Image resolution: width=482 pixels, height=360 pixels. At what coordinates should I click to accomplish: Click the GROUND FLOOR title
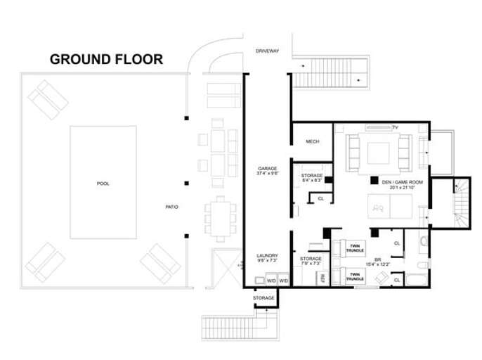tap(106, 58)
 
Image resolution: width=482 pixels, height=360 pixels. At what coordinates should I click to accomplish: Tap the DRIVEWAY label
tap(268, 51)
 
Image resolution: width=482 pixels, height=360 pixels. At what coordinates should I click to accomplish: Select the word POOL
tap(103, 184)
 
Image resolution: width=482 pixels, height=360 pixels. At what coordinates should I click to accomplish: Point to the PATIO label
tap(171, 207)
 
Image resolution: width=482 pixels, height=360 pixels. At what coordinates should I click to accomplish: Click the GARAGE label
tap(268, 169)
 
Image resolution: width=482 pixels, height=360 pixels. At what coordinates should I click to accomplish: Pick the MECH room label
tap(313, 142)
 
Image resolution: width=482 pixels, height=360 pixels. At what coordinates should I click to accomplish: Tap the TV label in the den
tap(396, 126)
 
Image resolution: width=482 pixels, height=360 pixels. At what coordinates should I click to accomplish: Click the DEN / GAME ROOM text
tap(398, 182)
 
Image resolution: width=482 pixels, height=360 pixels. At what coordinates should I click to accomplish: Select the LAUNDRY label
tap(267, 256)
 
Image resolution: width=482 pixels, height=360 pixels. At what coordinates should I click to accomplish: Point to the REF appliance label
tap(324, 277)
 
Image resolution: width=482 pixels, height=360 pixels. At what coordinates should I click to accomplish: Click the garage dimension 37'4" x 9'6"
tap(268, 174)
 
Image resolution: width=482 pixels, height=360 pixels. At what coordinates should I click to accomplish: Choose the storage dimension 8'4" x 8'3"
tap(311, 180)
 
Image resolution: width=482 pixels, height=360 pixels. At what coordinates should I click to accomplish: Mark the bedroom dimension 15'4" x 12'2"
tap(377, 263)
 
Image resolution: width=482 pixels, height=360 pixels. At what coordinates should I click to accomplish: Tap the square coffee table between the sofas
tap(379, 153)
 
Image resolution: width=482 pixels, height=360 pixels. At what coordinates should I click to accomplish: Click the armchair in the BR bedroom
tap(384, 278)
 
